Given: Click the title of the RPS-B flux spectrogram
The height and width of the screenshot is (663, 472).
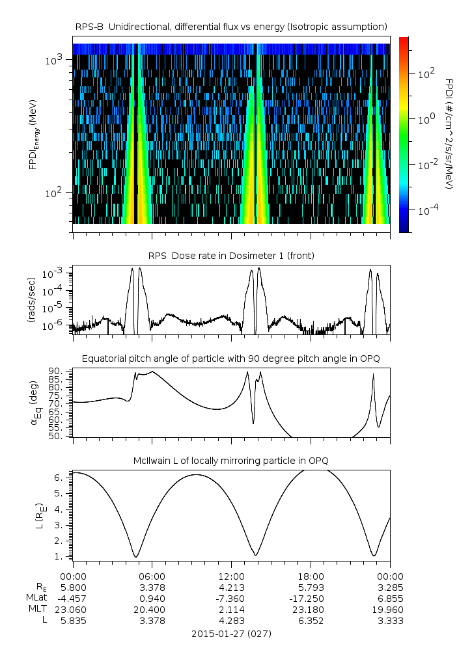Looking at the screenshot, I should [231, 26].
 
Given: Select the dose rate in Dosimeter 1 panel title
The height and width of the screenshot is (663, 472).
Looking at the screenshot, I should [231, 256].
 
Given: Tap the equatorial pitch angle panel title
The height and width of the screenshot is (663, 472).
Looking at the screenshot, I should [231, 359].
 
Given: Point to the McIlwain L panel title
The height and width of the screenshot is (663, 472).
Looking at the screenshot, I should [231, 461].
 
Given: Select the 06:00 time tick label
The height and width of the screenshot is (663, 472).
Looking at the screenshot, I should [152, 576].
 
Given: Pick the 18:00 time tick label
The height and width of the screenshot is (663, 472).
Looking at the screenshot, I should [311, 576].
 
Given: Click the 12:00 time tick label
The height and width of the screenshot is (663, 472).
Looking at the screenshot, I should [231, 576].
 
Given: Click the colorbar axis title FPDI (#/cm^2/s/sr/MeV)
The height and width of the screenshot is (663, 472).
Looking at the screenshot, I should [449, 134].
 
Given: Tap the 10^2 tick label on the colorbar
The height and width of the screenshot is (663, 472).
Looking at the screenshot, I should [426, 74].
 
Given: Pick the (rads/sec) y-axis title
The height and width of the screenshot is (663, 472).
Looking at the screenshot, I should [31, 299].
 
